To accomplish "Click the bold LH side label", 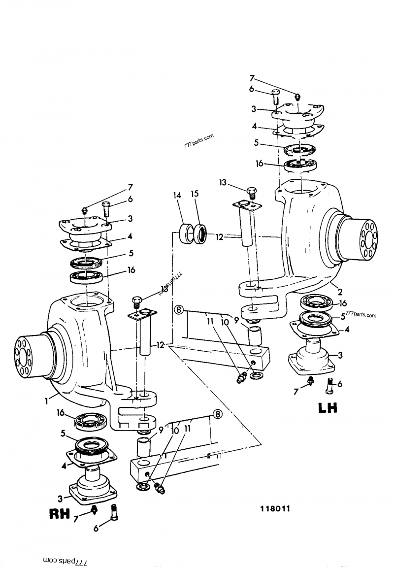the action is tap(328, 407).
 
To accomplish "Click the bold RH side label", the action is tap(59, 514).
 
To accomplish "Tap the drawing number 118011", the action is tap(275, 509).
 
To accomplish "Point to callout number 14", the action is tap(177, 196).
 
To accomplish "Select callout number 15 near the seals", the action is tap(195, 194).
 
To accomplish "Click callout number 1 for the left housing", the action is tap(46, 401).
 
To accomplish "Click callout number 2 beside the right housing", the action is tap(340, 292).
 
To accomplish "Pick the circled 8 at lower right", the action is tap(217, 414).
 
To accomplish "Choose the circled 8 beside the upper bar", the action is tap(178, 309).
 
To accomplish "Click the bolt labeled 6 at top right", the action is tap(275, 97).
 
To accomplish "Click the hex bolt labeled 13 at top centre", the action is tap(251, 192).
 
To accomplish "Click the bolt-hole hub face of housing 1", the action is tap(23, 356).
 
